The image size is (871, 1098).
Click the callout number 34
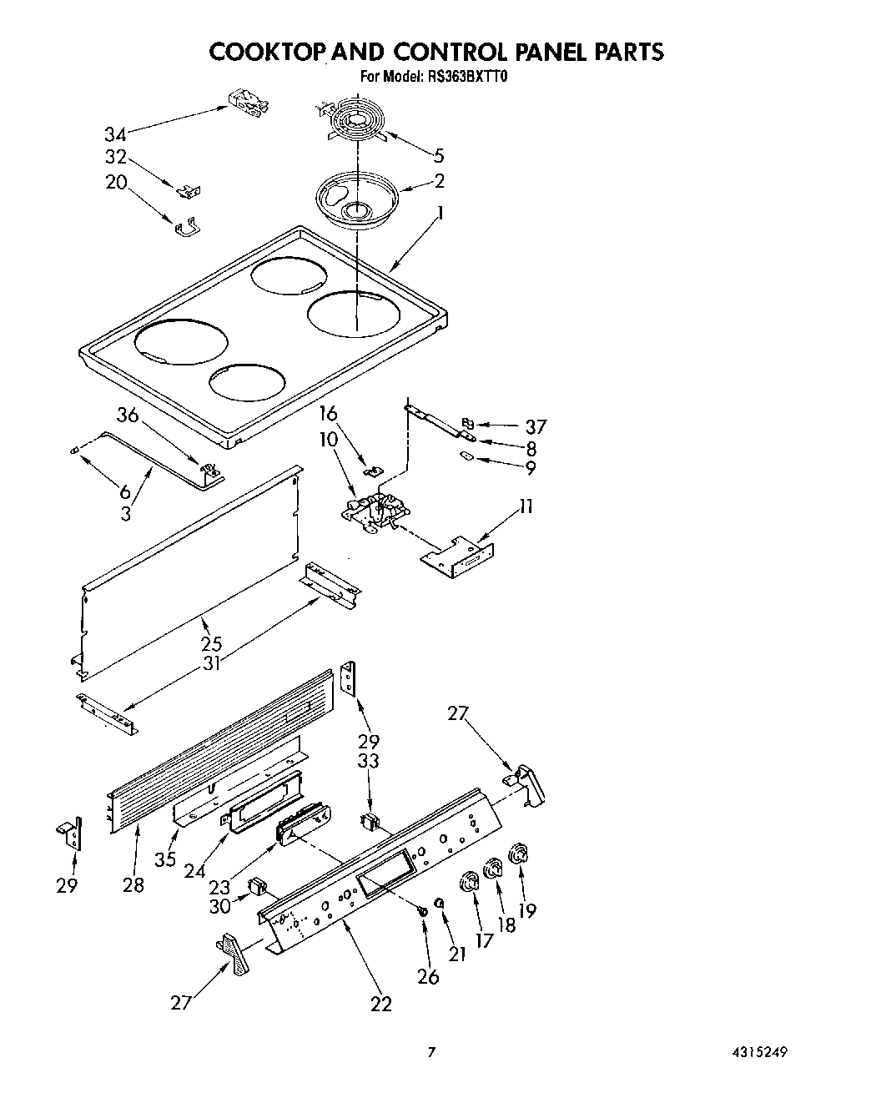(116, 133)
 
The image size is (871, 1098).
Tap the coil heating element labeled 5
(354, 125)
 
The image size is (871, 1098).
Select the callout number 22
(381, 1004)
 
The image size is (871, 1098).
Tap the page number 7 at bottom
(431, 1052)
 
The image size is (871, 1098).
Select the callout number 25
(211, 643)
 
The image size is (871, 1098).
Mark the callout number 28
(133, 884)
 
